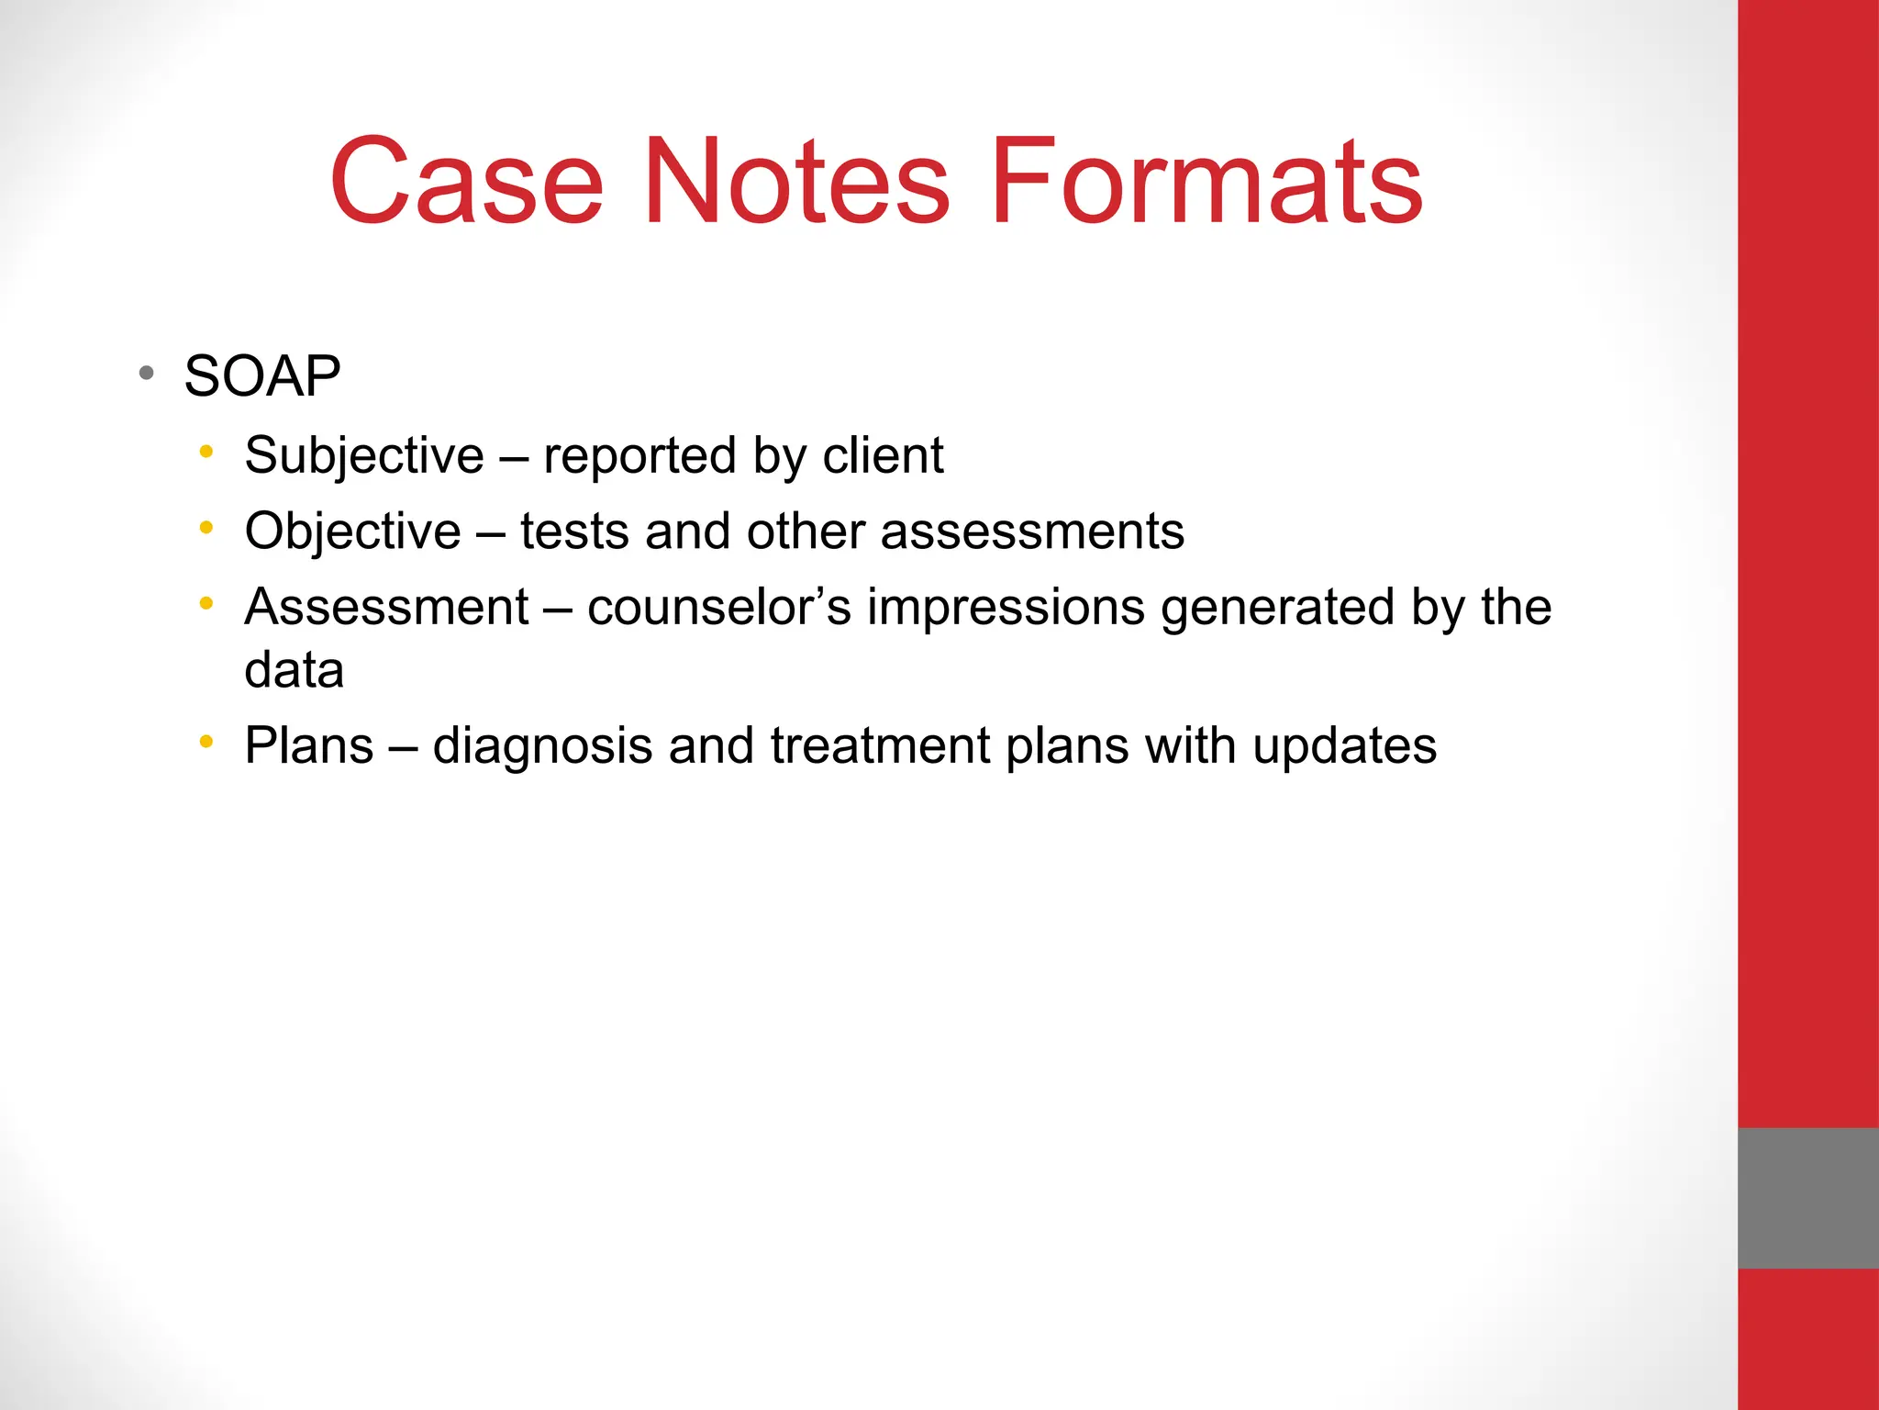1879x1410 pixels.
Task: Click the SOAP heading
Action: click(262, 375)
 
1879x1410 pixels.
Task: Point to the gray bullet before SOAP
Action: click(146, 374)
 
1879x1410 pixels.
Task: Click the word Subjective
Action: click(364, 455)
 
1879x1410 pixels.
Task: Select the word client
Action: click(883, 455)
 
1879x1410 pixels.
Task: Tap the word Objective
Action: click(352, 531)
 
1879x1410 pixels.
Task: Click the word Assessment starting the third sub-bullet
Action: click(386, 607)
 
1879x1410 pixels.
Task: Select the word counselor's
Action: click(719, 607)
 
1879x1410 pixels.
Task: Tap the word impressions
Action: click(1006, 607)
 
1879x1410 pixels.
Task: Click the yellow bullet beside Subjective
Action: click(206, 452)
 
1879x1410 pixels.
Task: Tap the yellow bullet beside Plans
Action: click(206, 741)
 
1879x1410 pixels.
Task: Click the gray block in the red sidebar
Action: click(1807, 1198)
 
